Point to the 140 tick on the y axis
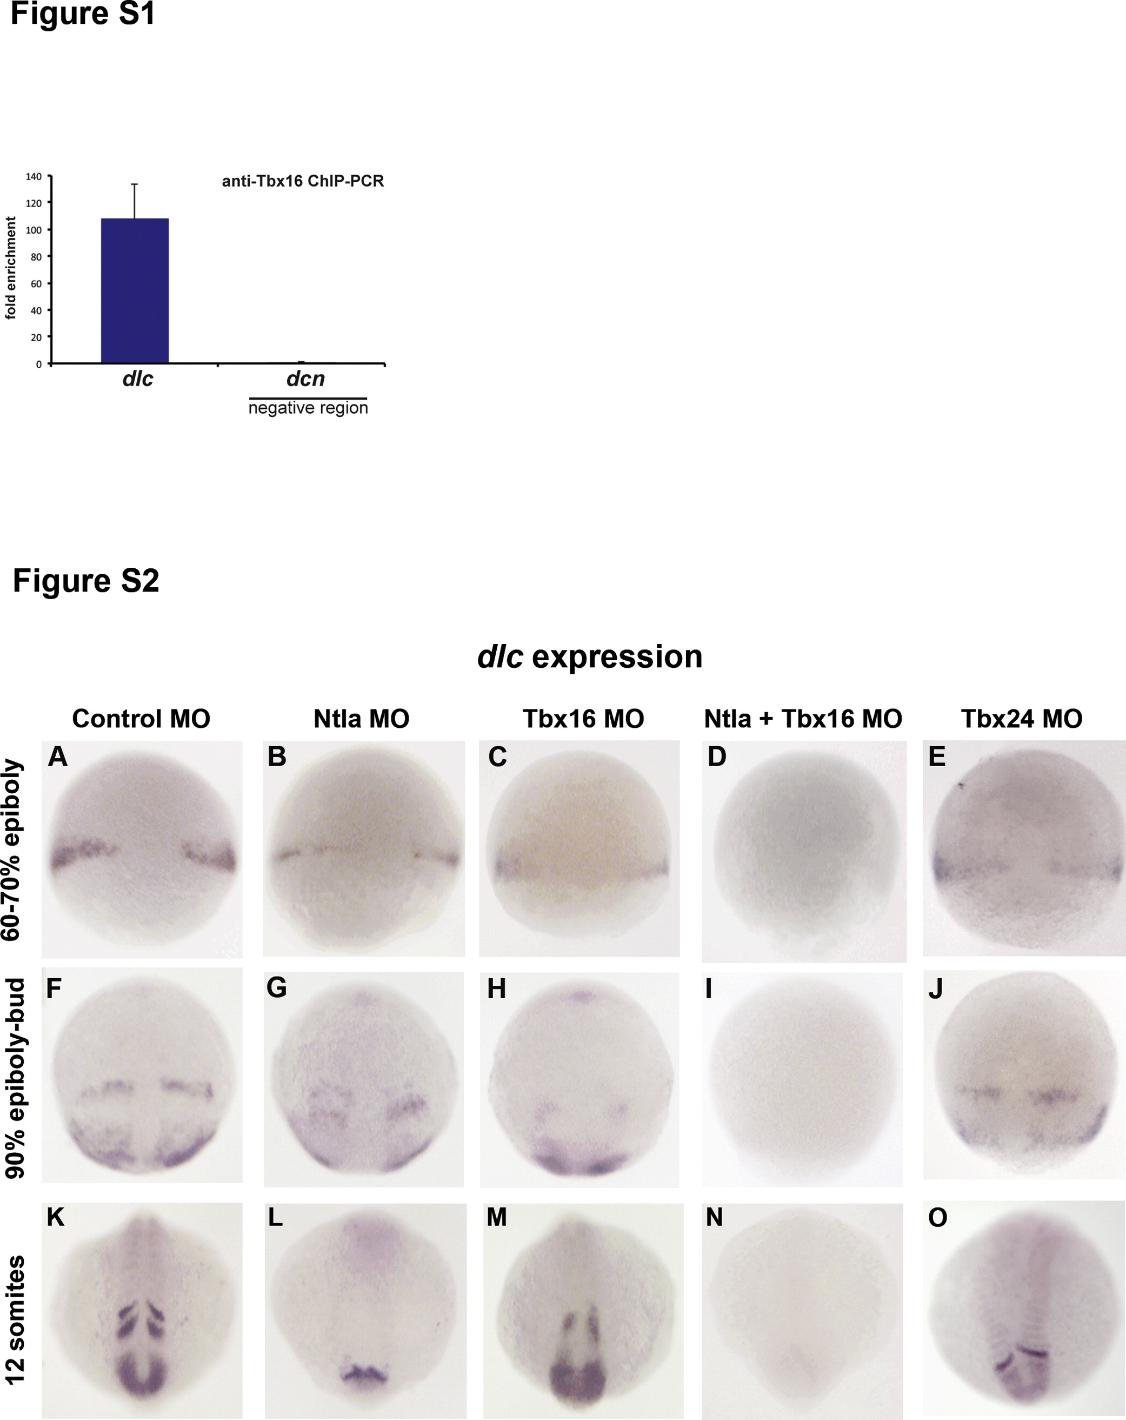pyautogui.click(x=34, y=176)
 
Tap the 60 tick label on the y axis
pyautogui.click(x=36, y=284)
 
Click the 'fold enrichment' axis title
pyautogui.click(x=10, y=268)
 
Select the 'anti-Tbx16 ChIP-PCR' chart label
pyautogui.click(x=302, y=181)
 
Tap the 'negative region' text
pyautogui.click(x=308, y=408)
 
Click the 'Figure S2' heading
pyautogui.click(x=85, y=581)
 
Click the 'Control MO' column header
pyautogui.click(x=141, y=719)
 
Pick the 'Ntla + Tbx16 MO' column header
pyautogui.click(x=803, y=719)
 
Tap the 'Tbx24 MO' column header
pyautogui.click(x=1021, y=719)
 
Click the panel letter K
pyautogui.click(x=56, y=1218)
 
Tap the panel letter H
pyautogui.click(x=496, y=988)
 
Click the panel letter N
pyautogui.click(x=715, y=1218)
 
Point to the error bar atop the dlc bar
pyautogui.click(x=134, y=200)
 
